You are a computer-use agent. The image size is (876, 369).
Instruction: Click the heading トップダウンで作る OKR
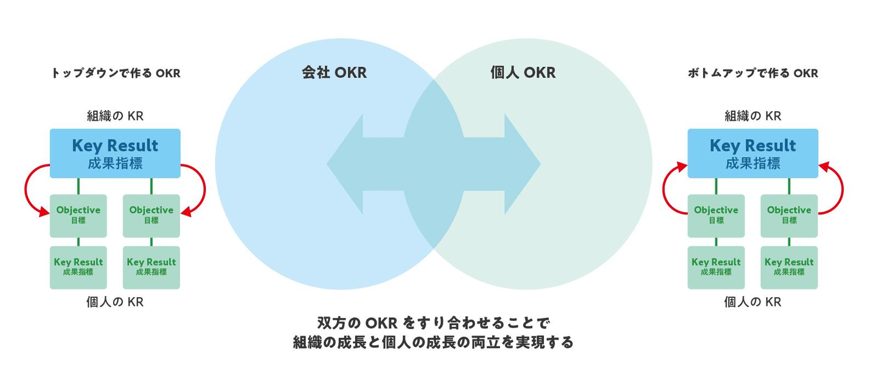click(x=116, y=74)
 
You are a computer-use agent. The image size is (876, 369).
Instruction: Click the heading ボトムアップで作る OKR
click(x=753, y=74)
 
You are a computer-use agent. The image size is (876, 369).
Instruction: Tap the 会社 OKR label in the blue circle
click(x=334, y=73)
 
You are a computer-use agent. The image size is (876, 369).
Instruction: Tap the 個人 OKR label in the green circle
click(x=523, y=73)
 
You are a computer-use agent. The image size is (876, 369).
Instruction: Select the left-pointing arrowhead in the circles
click(x=346, y=164)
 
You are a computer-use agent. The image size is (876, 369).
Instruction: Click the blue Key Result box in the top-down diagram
click(x=115, y=153)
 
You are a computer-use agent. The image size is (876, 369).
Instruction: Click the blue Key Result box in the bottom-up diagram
click(x=753, y=153)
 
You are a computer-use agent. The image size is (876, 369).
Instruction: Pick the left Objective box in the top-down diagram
click(x=78, y=215)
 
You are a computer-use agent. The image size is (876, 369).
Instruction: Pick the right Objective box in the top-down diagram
click(x=151, y=215)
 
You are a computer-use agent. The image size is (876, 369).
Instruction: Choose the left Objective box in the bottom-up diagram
click(x=716, y=215)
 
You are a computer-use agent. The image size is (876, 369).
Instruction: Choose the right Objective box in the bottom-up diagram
click(x=789, y=215)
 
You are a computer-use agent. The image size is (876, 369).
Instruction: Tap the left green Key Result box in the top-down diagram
click(x=78, y=267)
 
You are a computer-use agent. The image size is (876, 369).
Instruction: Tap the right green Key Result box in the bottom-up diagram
click(x=789, y=267)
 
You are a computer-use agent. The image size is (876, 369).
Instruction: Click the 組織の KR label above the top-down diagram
click(x=115, y=116)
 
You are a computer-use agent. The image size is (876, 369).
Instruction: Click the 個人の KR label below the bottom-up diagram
click(x=753, y=302)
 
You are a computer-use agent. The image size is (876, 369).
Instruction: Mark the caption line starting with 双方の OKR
click(x=433, y=322)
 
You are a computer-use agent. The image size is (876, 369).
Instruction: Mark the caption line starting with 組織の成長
click(x=433, y=342)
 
